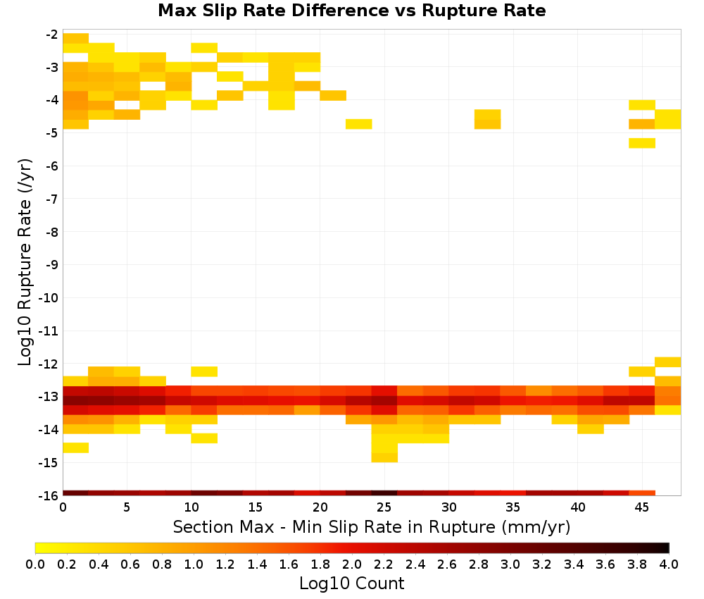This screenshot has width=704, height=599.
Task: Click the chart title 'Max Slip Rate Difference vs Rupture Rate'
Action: pyautogui.click(x=351, y=11)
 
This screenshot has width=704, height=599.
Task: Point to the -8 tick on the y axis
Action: pyautogui.click(x=52, y=233)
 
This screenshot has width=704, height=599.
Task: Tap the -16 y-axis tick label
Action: pyautogui.click(x=50, y=495)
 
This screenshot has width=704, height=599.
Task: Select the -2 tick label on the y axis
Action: pyautogui.click(x=52, y=35)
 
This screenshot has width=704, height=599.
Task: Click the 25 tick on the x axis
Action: pyautogui.click(x=384, y=507)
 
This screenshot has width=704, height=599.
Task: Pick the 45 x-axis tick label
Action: pyautogui.click(x=641, y=507)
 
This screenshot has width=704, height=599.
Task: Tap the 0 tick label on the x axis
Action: pyautogui.click(x=63, y=507)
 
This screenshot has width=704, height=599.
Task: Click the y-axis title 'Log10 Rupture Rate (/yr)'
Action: pyautogui.click(x=25, y=261)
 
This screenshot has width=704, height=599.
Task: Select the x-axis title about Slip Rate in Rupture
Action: pyautogui.click(x=371, y=527)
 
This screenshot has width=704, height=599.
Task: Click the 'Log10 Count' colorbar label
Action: pyautogui.click(x=351, y=583)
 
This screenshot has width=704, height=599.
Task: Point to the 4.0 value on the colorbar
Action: pyautogui.click(x=669, y=564)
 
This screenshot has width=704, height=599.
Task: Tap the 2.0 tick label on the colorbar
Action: pyautogui.click(x=351, y=564)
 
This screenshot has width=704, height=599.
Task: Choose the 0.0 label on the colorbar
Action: pyautogui.click(x=35, y=564)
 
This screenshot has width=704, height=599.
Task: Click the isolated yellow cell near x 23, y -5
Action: pyautogui.click(x=359, y=124)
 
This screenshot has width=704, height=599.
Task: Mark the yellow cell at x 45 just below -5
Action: pyautogui.click(x=642, y=143)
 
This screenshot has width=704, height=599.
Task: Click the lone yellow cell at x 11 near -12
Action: pyautogui.click(x=204, y=371)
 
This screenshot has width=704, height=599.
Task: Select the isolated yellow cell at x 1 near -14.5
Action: pyautogui.click(x=76, y=447)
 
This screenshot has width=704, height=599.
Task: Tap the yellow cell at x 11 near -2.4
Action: pyautogui.click(x=204, y=48)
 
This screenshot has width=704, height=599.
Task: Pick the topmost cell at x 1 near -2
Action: pyautogui.click(x=76, y=38)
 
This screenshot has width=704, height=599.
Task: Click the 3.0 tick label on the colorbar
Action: pyautogui.click(x=510, y=564)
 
